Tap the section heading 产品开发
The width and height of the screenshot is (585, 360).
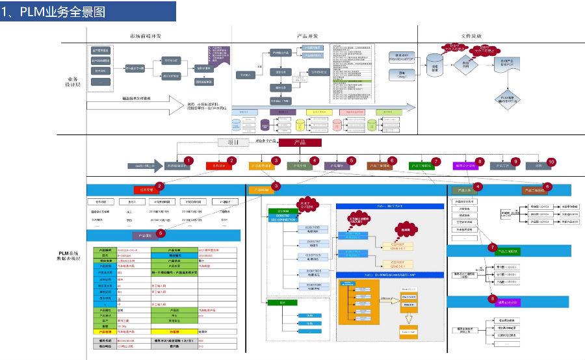(307, 35)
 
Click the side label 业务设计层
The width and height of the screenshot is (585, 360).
(72, 81)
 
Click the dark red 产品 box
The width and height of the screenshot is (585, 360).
(300, 142)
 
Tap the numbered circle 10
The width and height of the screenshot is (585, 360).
(552, 161)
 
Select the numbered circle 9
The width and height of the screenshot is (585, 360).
(515, 161)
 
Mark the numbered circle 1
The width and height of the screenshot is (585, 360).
(188, 161)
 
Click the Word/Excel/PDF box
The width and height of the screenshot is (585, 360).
(402, 57)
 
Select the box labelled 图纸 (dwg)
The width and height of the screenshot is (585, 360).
(402, 74)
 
